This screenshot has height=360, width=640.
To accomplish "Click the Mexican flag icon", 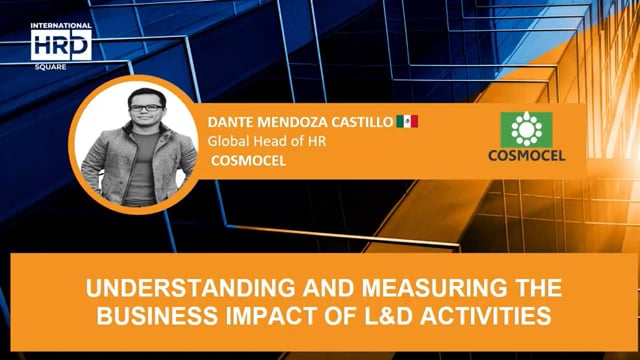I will (407, 122).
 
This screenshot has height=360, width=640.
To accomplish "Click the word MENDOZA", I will (290, 122).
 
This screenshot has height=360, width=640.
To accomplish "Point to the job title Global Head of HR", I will (267, 141).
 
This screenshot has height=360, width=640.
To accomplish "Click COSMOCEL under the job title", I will (242, 159).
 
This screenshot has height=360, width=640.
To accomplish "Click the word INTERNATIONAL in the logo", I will (62, 26).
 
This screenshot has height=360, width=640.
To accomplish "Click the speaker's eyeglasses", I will (146, 107).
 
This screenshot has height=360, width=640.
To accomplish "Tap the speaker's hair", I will (146, 91).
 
